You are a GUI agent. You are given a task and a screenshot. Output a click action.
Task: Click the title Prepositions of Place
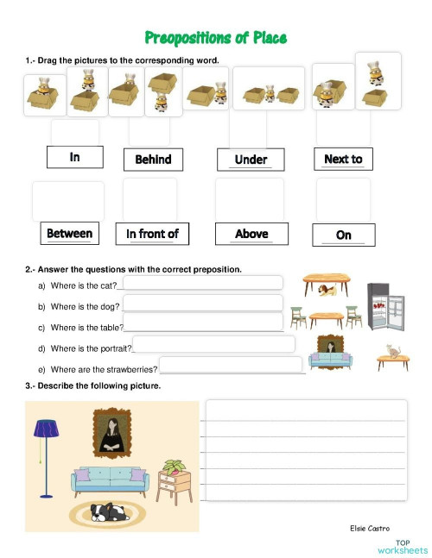coord(216,38)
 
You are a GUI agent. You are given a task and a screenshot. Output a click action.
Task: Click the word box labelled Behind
coord(154,159)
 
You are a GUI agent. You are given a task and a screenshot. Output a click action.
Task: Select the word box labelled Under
coord(251,159)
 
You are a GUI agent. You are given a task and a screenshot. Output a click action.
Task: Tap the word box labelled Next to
coord(343,159)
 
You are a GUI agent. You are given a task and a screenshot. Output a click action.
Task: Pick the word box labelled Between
coord(69,234)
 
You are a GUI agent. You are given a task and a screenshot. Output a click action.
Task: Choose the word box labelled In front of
coord(152,234)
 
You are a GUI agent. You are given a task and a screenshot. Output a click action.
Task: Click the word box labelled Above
coord(251,234)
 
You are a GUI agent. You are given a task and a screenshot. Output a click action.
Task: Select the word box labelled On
coord(343,235)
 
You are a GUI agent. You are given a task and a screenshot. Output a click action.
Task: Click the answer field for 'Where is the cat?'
coord(203,283)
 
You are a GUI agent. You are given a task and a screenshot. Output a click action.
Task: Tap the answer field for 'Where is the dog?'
coord(203,303)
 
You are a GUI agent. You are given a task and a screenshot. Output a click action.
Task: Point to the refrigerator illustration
coord(385,306)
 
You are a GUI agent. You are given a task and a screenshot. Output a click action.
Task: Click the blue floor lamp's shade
coord(46,427)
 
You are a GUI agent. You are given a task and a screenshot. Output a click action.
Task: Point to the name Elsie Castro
coord(370,528)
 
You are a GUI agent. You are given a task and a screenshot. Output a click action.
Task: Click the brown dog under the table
coord(326,291)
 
